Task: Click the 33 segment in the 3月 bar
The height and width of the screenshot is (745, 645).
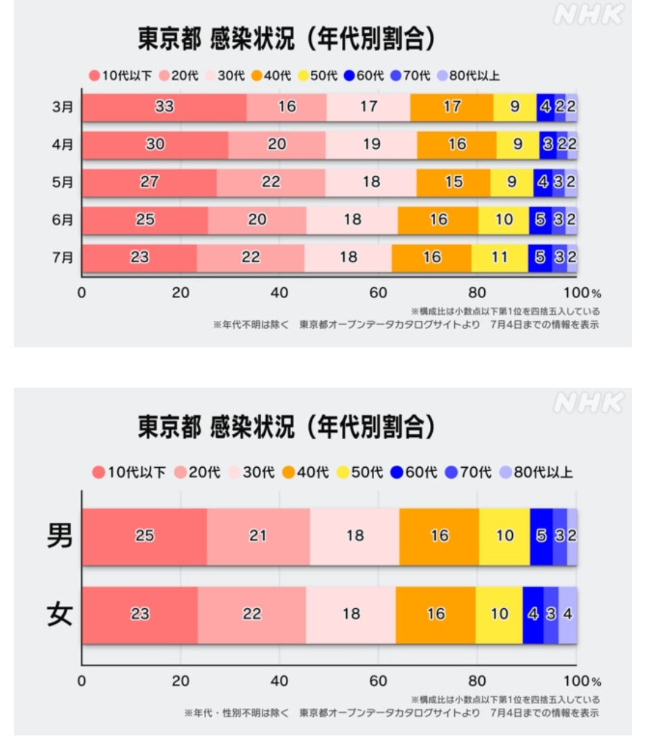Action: [164, 107]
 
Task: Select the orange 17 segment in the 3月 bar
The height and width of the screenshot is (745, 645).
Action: [452, 107]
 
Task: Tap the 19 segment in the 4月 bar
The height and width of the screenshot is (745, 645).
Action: [371, 145]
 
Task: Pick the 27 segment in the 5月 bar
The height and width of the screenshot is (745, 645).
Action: [149, 182]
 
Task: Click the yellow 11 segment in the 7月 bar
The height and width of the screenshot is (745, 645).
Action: [499, 257]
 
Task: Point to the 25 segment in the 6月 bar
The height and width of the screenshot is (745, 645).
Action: [145, 220]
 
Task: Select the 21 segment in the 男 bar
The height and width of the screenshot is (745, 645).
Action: [258, 536]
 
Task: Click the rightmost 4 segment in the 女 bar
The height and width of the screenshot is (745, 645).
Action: [568, 615]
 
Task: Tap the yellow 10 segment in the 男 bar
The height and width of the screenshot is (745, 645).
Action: [505, 536]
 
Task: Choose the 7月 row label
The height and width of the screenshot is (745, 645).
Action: [63, 257]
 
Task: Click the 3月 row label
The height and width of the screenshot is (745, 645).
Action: [63, 107]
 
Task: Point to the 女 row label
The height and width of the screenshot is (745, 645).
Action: [60, 614]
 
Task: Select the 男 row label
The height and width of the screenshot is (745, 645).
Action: [60, 536]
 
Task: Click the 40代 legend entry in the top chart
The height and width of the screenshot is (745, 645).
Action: [272, 76]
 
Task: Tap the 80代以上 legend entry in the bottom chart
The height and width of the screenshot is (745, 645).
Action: [536, 473]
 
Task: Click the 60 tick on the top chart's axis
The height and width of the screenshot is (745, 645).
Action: [378, 293]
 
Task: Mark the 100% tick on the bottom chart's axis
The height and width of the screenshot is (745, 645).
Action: [582, 681]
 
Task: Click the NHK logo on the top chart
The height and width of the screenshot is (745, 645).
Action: [588, 15]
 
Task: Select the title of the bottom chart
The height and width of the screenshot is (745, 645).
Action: [286, 427]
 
